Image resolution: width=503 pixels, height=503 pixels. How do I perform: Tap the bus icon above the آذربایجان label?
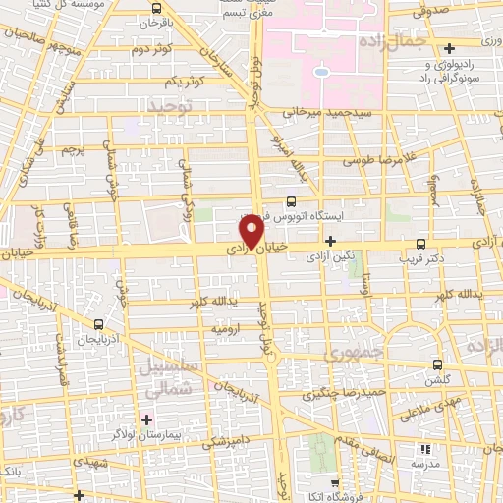pyautogui.click(x=98, y=323)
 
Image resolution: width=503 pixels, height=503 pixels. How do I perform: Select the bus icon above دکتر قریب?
pyautogui.click(x=421, y=244)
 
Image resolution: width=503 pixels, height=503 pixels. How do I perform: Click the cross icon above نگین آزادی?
pyautogui.click(x=330, y=241)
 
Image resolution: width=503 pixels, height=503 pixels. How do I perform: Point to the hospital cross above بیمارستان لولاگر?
pyautogui.click(x=146, y=419)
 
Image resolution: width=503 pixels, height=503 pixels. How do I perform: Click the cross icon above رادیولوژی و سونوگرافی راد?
pyautogui.click(x=450, y=48)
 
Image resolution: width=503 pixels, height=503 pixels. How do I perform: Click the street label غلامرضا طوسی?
pyautogui.click(x=375, y=159)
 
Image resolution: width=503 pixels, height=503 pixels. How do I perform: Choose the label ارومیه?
pyautogui.click(x=222, y=331)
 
